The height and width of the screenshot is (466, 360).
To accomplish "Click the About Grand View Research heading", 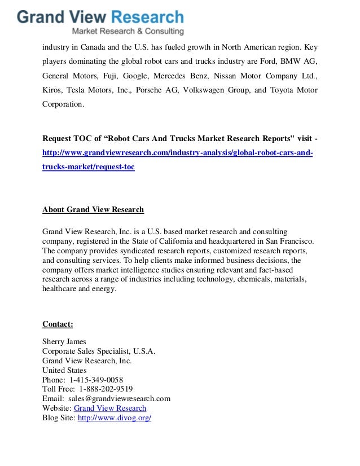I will point(93,210).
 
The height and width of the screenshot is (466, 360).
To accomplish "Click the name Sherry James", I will point(64,341).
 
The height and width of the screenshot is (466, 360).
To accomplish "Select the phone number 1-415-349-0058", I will point(96,380).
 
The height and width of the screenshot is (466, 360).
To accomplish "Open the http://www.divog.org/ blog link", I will point(115,418).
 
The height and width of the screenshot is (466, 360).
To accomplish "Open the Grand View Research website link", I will point(110,408).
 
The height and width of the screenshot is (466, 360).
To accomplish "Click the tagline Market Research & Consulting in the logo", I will point(127,31).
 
